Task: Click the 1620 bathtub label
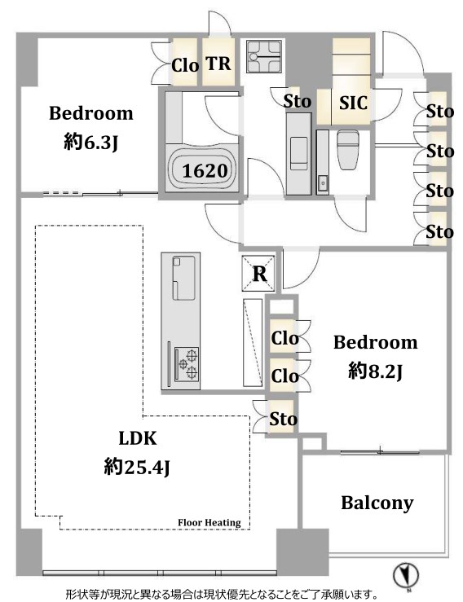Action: pos(205,171)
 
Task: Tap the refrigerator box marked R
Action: pos(258,274)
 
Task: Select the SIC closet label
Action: pos(353,103)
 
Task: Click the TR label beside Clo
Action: pos(218,64)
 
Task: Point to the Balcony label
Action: pos(377,503)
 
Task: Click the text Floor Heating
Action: pos(209,522)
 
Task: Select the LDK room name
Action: pos(138,438)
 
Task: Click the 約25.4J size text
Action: pos(137,468)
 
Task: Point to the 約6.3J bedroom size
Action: pos(90,143)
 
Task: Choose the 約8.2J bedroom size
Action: pos(375,371)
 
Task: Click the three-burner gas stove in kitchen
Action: pos(187,363)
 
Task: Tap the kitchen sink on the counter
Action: pos(183,278)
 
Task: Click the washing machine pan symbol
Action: pos(264,56)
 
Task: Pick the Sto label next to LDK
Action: pos(283,419)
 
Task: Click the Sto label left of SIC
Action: pos(297,101)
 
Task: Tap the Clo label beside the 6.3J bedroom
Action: pos(185,65)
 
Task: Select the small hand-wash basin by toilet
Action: pos(322,181)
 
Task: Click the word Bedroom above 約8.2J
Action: pos(376,342)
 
